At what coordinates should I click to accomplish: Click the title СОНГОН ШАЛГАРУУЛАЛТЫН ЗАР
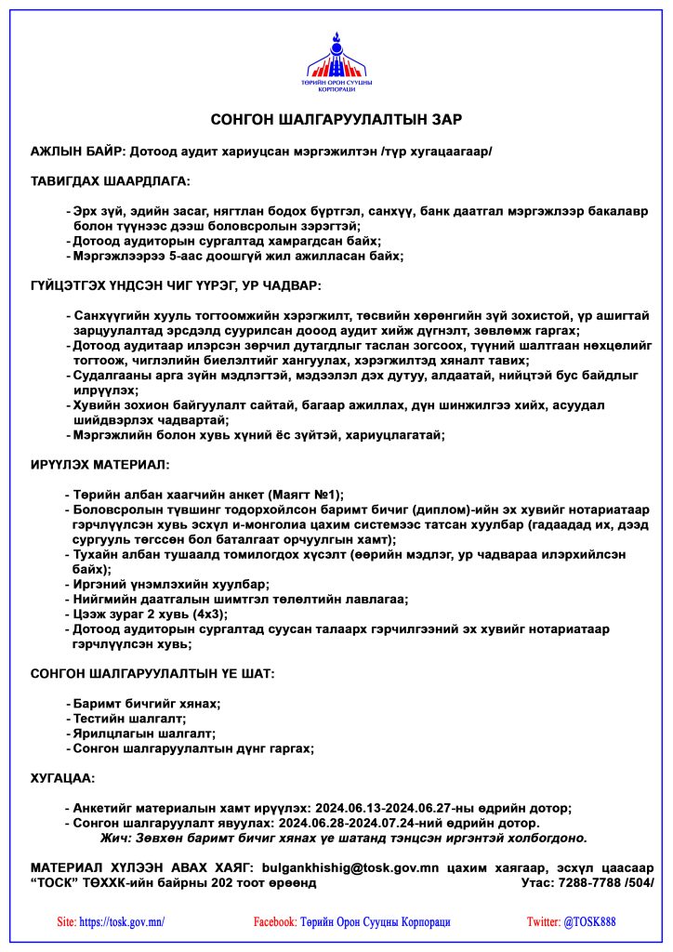tap(336, 120)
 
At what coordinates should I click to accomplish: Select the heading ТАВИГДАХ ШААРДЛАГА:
tap(110, 180)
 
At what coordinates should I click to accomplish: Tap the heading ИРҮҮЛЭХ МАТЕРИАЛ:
tap(100, 463)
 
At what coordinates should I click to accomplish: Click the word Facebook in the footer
tap(274, 922)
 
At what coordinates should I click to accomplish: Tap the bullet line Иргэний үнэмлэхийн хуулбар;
tap(171, 584)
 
